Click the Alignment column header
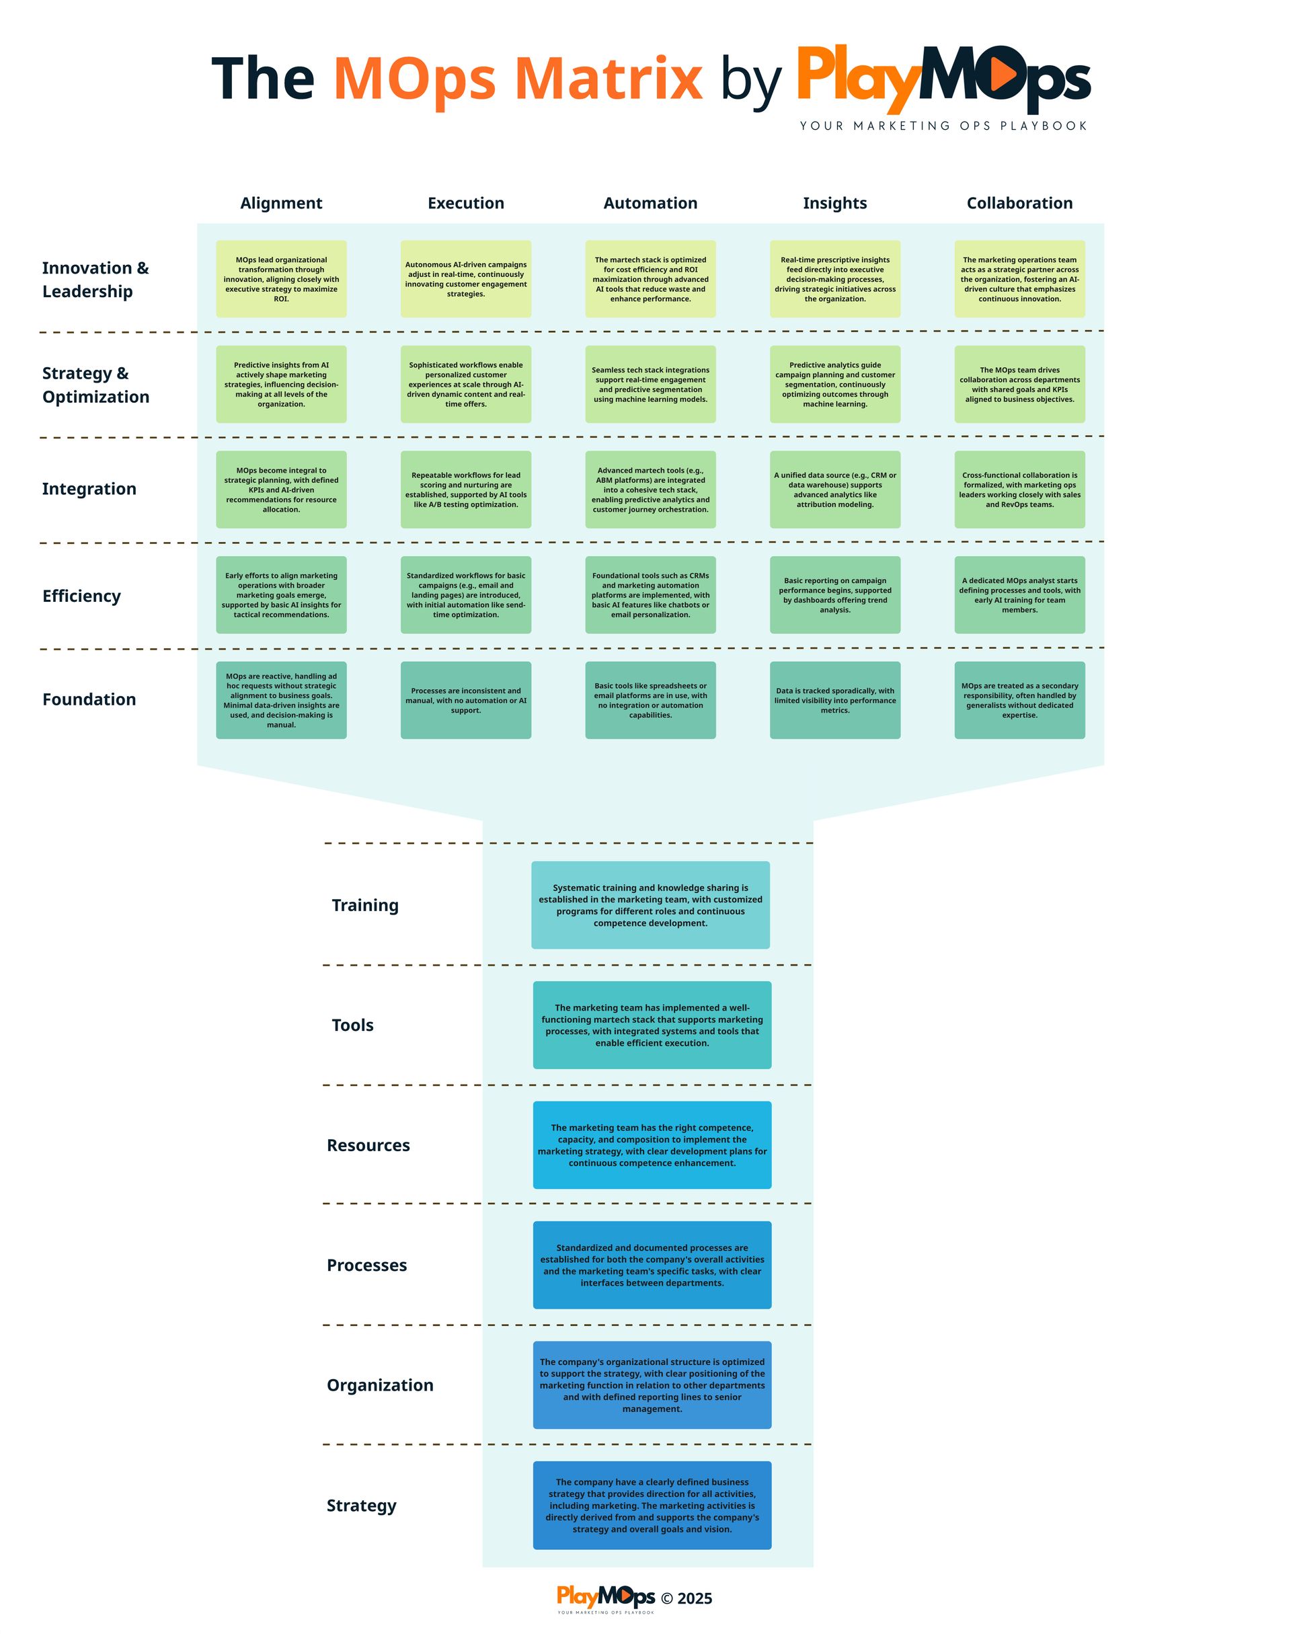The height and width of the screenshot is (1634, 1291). coord(281,203)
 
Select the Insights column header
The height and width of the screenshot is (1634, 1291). coord(834,203)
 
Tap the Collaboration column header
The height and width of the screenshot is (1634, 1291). coord(1019,203)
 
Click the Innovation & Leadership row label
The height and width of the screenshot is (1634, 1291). coord(95,280)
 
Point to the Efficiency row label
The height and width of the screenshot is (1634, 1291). coord(81,596)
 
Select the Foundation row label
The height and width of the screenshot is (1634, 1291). coord(89,700)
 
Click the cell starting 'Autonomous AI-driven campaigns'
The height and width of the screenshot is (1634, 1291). coord(465,279)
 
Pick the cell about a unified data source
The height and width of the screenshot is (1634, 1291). coord(834,490)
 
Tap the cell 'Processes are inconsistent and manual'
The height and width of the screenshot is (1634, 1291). coord(465,701)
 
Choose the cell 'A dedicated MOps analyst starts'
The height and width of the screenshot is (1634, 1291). coord(1019,596)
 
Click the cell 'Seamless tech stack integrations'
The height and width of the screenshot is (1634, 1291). coord(650,385)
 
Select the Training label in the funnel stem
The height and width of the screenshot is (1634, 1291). coord(365,906)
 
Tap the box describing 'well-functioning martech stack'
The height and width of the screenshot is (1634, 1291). coord(652,1025)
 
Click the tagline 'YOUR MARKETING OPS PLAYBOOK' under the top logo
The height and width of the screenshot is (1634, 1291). coord(943,126)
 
